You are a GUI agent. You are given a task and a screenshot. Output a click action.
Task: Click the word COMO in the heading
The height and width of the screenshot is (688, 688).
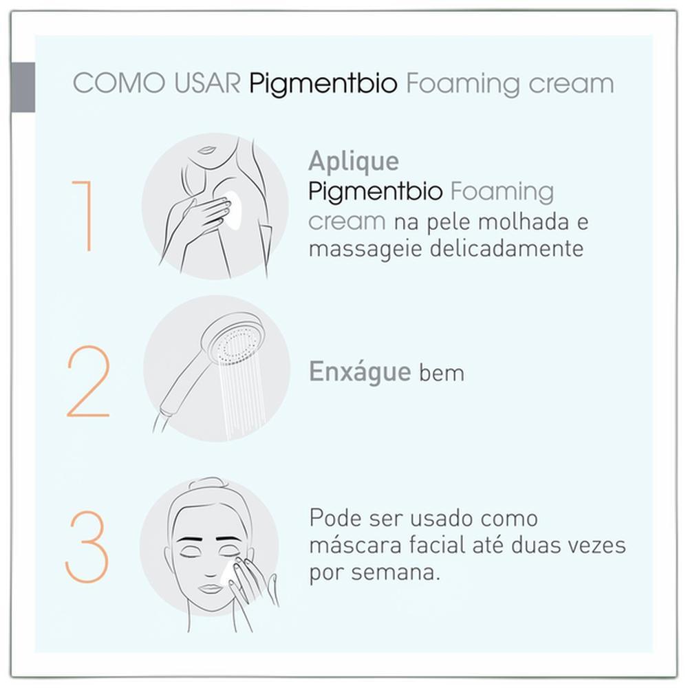(x=119, y=83)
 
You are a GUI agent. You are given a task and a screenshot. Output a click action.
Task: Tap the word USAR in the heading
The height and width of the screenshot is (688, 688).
(x=208, y=83)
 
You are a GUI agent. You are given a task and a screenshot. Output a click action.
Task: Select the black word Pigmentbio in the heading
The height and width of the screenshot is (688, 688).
(x=323, y=84)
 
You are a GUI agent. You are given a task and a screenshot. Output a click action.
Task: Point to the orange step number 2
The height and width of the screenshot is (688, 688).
(x=88, y=381)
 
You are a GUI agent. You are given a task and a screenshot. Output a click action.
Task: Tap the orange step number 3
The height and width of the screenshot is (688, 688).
(x=87, y=547)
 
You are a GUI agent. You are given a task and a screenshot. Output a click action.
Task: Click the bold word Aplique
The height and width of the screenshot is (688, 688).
(x=354, y=162)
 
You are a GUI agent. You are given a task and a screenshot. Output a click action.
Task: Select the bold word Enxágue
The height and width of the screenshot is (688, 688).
(x=360, y=372)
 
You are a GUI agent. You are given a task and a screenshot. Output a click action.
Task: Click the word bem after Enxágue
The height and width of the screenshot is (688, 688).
(x=442, y=374)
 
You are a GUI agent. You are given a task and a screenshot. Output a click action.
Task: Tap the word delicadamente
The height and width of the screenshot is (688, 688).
(x=506, y=248)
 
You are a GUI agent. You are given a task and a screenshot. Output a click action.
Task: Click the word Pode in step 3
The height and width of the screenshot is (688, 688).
(x=334, y=518)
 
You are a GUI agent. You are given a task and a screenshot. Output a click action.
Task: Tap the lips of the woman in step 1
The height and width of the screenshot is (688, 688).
(x=206, y=149)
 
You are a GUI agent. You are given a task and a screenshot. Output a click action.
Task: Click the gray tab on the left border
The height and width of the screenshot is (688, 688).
(x=23, y=87)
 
